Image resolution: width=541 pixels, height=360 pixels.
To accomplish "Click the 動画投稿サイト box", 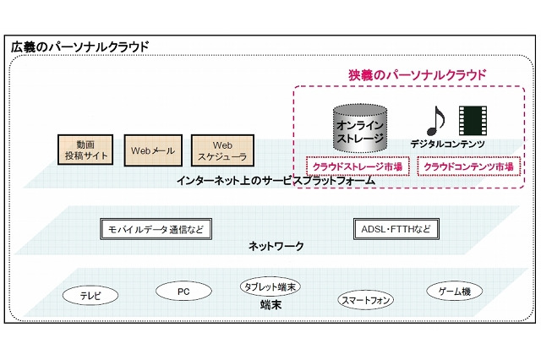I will tap(85, 150).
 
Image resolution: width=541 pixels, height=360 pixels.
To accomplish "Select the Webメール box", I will tap(152, 150).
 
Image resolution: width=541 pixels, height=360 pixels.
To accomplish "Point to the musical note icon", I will tap(434, 121).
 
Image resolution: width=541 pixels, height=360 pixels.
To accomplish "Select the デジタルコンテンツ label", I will tap(447, 145).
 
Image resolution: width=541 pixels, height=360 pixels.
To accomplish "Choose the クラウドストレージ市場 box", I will tap(356, 167).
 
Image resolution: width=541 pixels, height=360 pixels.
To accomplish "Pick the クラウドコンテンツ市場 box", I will tap(467, 167).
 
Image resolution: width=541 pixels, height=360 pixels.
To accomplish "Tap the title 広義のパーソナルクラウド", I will tap(79, 46).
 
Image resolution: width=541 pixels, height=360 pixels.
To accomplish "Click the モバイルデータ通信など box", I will tap(155, 229).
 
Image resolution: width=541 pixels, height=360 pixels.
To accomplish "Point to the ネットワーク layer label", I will tap(276, 247).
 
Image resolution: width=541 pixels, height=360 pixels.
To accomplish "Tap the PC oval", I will tap(183, 292).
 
